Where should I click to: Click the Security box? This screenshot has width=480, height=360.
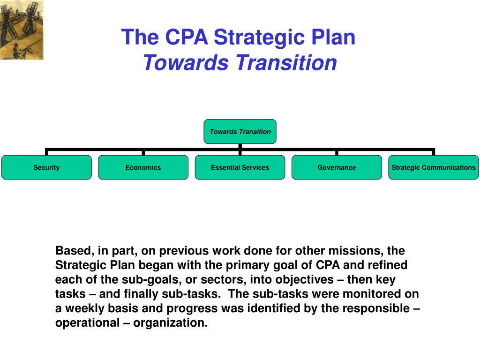(46, 167)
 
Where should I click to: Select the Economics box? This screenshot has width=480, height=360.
(143, 167)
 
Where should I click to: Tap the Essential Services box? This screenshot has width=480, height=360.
(240, 167)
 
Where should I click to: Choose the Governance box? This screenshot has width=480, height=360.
(337, 167)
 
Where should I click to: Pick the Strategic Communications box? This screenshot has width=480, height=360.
(433, 167)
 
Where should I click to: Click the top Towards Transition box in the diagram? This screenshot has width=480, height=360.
(240, 132)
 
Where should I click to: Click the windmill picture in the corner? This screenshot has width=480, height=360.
(22, 30)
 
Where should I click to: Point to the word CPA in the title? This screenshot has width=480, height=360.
(187, 38)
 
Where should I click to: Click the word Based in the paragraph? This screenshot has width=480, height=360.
(70, 250)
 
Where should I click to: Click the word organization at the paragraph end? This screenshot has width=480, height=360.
(170, 323)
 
